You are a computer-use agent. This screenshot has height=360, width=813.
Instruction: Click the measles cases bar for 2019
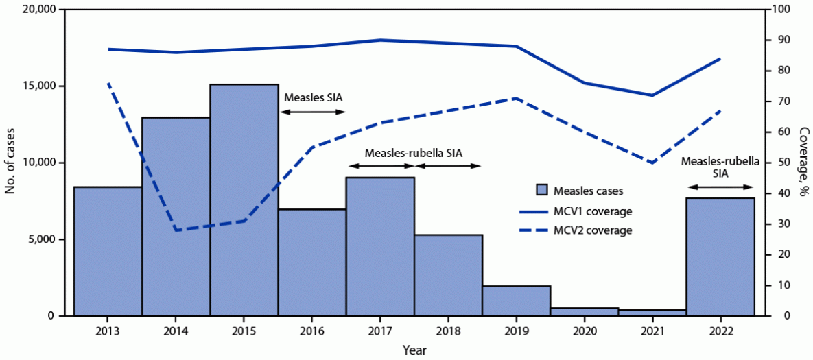pos(516,301)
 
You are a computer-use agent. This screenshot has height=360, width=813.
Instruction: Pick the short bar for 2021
pos(652,313)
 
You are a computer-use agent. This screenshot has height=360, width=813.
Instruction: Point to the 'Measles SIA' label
pos(313,97)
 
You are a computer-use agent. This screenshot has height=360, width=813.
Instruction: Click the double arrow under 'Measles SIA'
pos(313,111)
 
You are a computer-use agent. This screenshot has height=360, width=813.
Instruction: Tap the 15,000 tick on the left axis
pos(45,86)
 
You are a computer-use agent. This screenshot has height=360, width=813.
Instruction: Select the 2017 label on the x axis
pos(380,331)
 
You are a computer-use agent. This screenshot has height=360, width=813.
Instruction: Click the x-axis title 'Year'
pos(414,350)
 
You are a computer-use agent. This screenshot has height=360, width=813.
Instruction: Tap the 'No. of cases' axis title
pos(11,163)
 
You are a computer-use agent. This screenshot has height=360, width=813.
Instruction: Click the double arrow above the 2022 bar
pos(720,187)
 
